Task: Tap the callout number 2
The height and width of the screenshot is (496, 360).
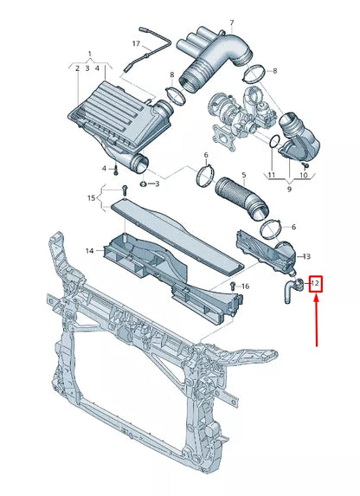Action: point(76,68)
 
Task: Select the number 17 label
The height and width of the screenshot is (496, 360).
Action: point(136,43)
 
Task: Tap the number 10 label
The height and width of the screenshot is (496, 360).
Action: point(304,176)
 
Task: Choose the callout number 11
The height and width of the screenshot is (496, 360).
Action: point(271,176)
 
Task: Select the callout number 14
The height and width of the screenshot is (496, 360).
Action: point(89,251)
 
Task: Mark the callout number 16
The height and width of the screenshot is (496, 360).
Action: point(246,287)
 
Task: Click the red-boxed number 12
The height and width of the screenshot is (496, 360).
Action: point(315,283)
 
